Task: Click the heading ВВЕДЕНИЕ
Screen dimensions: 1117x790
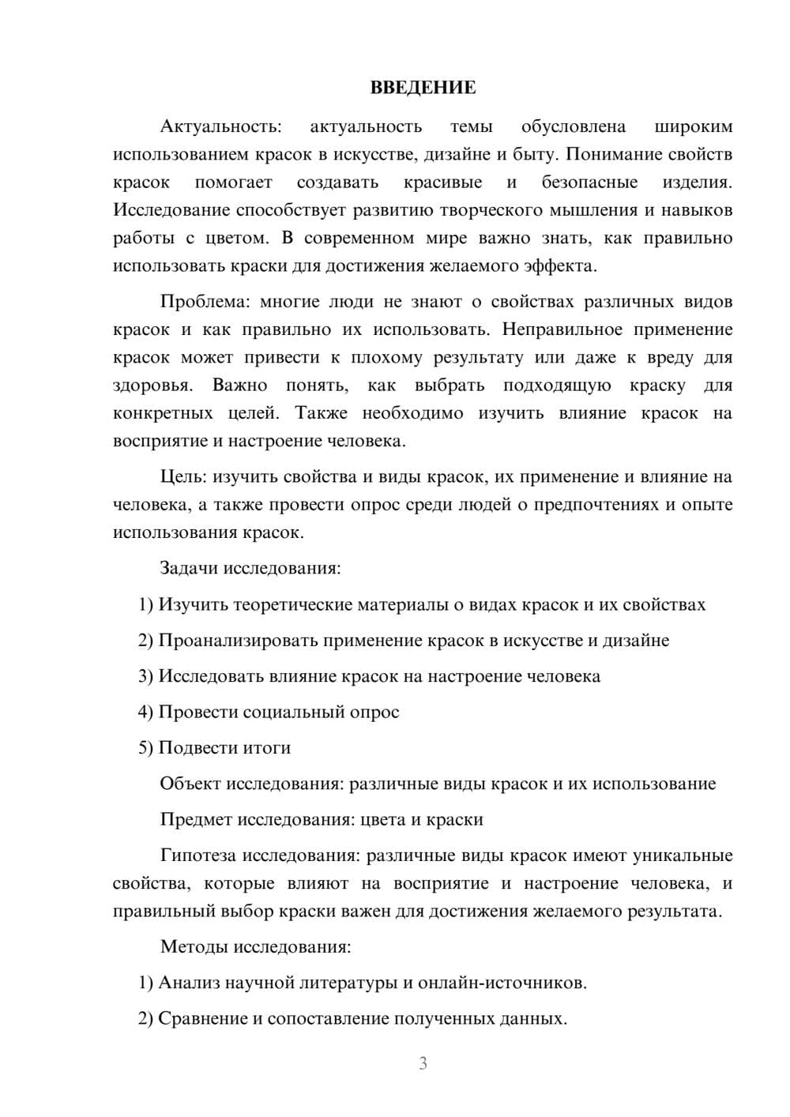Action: pos(423,88)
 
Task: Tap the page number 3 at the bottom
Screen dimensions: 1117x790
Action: pos(423,1063)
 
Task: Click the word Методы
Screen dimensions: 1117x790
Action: pos(192,946)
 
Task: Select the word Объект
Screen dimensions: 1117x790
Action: pos(190,784)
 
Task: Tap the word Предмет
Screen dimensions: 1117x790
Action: pos(195,819)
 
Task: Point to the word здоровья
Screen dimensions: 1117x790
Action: pos(152,385)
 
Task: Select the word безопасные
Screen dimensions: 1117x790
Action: pos(589,182)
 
